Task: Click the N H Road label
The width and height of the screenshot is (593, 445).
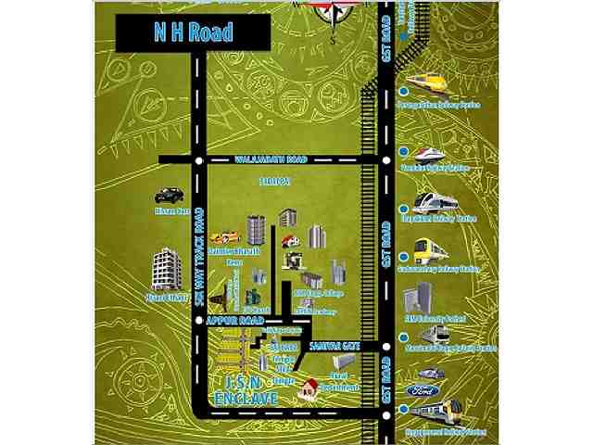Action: (193, 33)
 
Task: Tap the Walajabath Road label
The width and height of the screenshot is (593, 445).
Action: (270, 159)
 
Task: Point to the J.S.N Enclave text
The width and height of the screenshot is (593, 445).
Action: (245, 389)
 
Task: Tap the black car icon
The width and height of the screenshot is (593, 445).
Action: (169, 196)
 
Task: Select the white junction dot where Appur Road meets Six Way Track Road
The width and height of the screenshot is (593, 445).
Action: (198, 319)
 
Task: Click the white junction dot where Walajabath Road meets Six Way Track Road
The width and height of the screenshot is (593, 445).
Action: (198, 159)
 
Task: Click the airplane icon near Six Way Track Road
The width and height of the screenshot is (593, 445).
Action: (221, 299)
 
